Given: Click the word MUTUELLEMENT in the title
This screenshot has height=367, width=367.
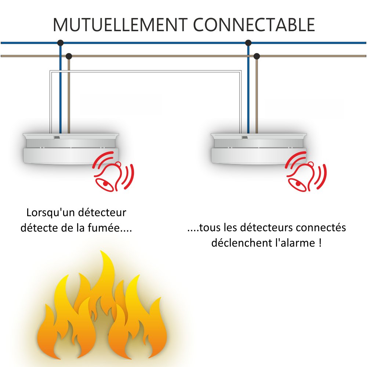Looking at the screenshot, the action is (120, 25).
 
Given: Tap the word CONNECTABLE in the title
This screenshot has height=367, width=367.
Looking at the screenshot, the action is (254, 25).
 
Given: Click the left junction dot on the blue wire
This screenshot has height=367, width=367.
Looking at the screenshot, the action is (61, 43).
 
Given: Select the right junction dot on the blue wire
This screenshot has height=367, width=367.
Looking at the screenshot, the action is (248, 43).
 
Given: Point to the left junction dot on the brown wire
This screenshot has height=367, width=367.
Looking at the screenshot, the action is (69, 56).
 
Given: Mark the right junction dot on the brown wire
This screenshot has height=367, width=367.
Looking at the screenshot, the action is (257, 56).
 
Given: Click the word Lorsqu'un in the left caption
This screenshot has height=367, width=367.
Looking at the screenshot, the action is (51, 213).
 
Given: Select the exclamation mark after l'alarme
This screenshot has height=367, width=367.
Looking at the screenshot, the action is (320, 243).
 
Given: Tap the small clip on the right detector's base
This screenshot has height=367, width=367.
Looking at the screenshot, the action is (245, 137).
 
